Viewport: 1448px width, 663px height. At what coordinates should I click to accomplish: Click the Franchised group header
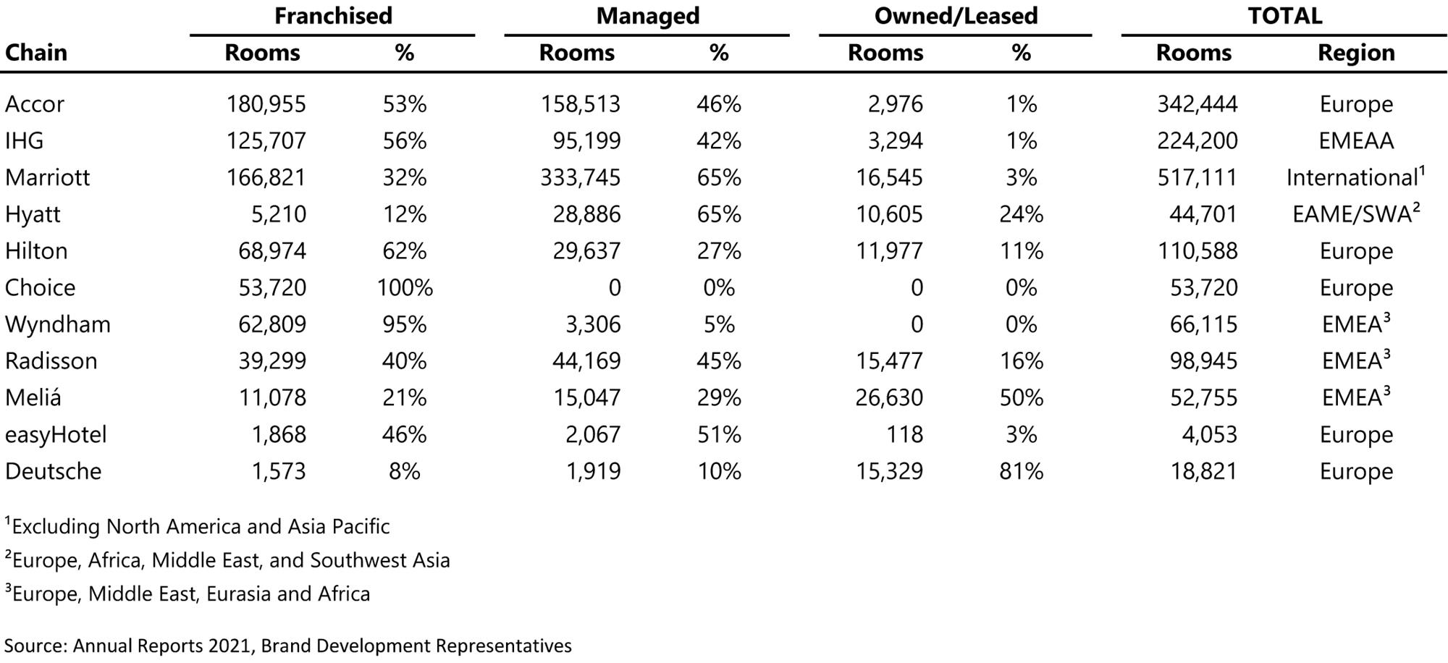pyautogui.click(x=333, y=16)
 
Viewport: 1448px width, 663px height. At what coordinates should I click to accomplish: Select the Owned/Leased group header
pyautogui.click(x=956, y=16)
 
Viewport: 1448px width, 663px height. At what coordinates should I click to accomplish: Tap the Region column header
pyautogui.click(x=1355, y=53)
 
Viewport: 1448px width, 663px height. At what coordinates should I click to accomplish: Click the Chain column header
pyautogui.click(x=36, y=53)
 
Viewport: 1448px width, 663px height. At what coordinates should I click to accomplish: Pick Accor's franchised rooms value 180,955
pyautogui.click(x=266, y=104)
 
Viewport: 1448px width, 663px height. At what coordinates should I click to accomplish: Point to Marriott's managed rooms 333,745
pyautogui.click(x=580, y=178)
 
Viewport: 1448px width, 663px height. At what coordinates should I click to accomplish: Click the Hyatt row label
pyautogui.click(x=33, y=215)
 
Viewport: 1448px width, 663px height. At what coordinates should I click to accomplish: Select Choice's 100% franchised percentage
pyautogui.click(x=404, y=288)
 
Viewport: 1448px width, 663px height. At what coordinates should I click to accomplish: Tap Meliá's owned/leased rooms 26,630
pyautogui.click(x=888, y=398)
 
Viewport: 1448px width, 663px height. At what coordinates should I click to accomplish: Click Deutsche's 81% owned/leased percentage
pyautogui.click(x=1021, y=472)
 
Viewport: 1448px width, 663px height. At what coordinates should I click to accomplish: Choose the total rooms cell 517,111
pyautogui.click(x=1197, y=178)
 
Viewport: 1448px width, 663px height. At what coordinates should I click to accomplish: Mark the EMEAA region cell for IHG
pyautogui.click(x=1355, y=141)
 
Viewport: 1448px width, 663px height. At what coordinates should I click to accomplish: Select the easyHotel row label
pyautogui.click(x=56, y=435)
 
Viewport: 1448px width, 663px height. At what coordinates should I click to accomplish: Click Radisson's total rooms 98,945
pyautogui.click(x=1203, y=361)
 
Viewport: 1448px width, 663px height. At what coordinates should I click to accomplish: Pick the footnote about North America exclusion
pyautogui.click(x=197, y=526)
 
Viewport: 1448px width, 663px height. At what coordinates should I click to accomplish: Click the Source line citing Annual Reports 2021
pyautogui.click(x=288, y=646)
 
